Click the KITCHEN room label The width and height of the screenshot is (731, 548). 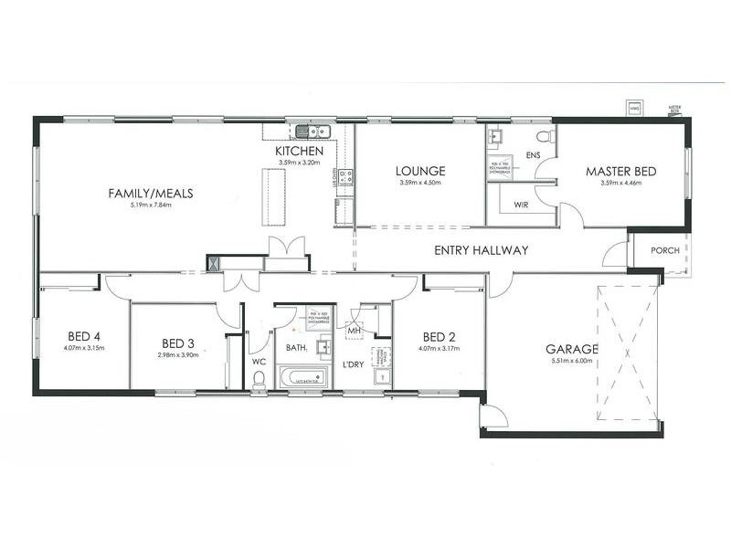point(300,151)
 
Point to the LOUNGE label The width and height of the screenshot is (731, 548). point(420,171)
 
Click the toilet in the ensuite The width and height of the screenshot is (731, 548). point(545,137)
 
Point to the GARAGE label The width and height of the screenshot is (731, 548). point(572,349)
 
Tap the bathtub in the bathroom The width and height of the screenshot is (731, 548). point(301,377)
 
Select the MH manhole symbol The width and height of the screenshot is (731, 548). point(354,330)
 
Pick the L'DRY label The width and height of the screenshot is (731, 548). point(354,365)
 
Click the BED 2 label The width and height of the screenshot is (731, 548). point(439,335)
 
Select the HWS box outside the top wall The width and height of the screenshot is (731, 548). point(632,109)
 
